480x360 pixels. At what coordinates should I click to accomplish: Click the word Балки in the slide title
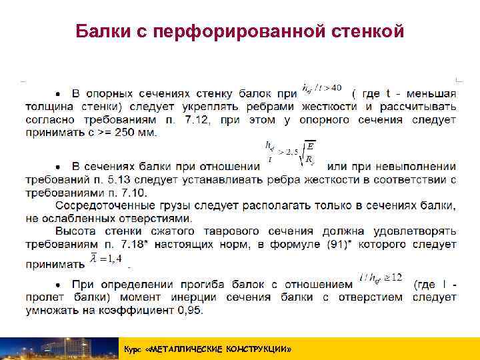104,31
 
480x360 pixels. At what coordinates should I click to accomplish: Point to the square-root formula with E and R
289,154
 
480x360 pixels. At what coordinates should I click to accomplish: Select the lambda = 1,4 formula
107,258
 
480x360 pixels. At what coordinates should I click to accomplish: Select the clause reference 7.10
136,193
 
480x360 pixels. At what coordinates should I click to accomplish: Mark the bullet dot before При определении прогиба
59,284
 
